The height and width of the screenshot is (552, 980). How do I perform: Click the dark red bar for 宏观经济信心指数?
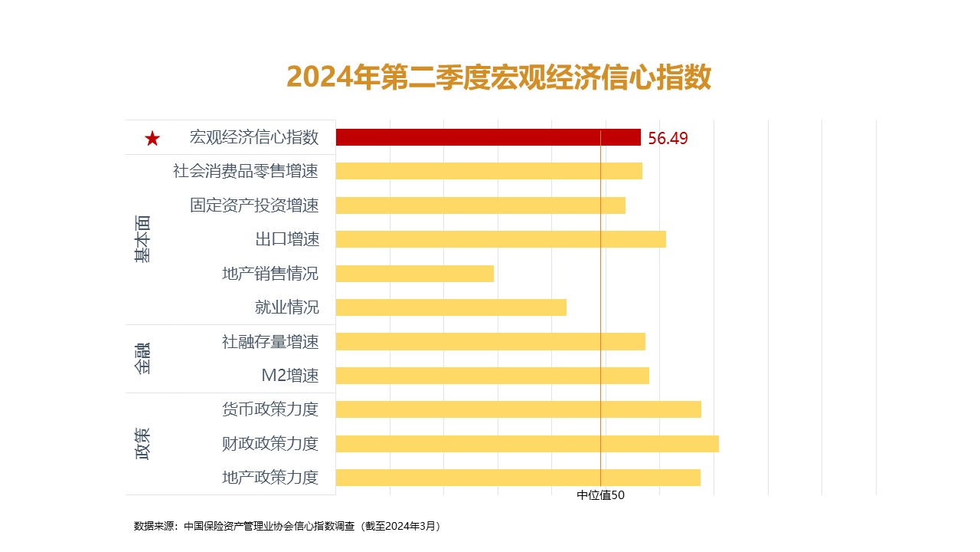tap(488, 137)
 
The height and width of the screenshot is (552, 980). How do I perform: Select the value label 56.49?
tap(668, 139)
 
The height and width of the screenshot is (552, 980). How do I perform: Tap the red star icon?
tap(152, 139)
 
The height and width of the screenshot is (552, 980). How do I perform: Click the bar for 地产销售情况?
tap(414, 274)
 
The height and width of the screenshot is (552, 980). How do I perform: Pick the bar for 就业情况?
tap(451, 307)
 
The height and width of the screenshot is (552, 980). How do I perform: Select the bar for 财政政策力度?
tap(527, 443)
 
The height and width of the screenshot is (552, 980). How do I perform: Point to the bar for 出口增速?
tap(501, 239)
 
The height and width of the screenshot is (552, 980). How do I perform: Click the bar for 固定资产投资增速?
tap(480, 205)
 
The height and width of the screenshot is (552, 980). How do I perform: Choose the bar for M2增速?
tap(492, 376)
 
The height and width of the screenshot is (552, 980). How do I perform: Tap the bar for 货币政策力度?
tap(518, 409)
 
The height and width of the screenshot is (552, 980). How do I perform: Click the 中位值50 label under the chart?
tap(600, 495)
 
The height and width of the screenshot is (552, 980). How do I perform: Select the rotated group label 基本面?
tap(142, 239)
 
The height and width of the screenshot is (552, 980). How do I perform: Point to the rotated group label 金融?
tap(142, 358)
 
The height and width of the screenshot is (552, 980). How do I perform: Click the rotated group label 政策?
tap(142, 443)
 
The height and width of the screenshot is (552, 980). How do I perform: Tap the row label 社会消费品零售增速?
tap(245, 171)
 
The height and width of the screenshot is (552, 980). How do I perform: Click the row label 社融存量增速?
tap(269, 342)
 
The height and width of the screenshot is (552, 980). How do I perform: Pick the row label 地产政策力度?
tap(269, 478)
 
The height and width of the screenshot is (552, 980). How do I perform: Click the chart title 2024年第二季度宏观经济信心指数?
tap(499, 77)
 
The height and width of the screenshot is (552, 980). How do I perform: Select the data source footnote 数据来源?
tap(287, 526)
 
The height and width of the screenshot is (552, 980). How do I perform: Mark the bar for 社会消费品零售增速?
tap(488, 171)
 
